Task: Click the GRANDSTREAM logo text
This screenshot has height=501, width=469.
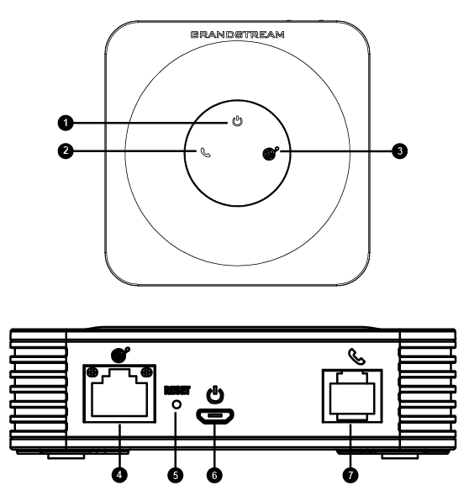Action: [237, 34]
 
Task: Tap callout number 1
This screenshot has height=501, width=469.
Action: [66, 123]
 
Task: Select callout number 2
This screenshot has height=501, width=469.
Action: [66, 150]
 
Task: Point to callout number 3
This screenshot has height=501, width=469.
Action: [400, 150]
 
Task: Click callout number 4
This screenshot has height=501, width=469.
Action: [119, 475]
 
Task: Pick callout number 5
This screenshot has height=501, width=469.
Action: [176, 475]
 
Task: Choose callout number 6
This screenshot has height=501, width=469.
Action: [214, 475]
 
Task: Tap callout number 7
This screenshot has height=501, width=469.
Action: [350, 475]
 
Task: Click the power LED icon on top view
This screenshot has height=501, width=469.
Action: [237, 121]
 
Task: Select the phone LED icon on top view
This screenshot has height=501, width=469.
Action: [205, 152]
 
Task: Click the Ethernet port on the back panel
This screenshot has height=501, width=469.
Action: [119, 393]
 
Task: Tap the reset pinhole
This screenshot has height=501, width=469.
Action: [177, 404]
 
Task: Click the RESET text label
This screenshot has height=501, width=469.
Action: [177, 390]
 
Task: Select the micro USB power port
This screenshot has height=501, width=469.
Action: [214, 416]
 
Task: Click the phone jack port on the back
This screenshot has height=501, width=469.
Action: [352, 396]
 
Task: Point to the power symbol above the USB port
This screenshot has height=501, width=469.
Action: [215, 394]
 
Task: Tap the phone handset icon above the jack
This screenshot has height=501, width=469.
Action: [356, 356]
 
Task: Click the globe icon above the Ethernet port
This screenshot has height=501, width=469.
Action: [120, 355]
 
